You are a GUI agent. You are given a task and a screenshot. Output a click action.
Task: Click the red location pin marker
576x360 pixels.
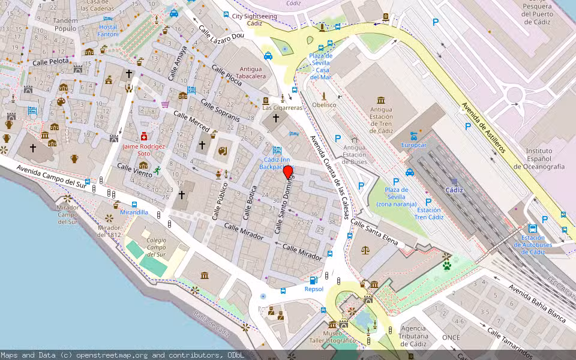coord(288,172)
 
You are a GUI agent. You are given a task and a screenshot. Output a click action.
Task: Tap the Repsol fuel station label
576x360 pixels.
coord(313,289)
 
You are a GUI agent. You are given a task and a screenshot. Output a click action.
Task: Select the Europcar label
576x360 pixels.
coord(413,145)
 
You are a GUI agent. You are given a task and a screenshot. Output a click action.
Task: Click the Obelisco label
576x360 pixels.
coord(324,105)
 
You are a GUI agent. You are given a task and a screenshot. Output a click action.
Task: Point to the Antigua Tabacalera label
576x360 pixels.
coord(251,73)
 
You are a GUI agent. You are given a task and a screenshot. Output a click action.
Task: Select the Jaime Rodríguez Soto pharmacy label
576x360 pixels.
coord(143,149)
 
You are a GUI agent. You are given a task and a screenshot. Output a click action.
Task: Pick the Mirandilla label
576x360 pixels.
coord(134,212)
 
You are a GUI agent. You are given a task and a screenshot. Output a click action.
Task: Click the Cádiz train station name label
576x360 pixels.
coord(454,190)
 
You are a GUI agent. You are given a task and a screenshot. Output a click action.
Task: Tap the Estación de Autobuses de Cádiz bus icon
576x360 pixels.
coord(532,229)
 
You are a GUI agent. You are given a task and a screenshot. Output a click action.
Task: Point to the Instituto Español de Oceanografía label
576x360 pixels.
coord(545,158)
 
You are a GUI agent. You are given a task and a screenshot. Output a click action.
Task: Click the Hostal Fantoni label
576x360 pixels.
coord(108,31)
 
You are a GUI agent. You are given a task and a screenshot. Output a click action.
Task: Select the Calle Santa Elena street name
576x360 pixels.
coord(374,233)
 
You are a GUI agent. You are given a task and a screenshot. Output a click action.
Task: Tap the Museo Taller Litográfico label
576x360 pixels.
coord(340,337)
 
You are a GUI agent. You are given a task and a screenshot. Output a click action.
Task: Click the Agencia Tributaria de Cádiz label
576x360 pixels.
coord(413,336)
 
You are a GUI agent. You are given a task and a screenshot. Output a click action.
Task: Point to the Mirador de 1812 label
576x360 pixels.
coord(109,231)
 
